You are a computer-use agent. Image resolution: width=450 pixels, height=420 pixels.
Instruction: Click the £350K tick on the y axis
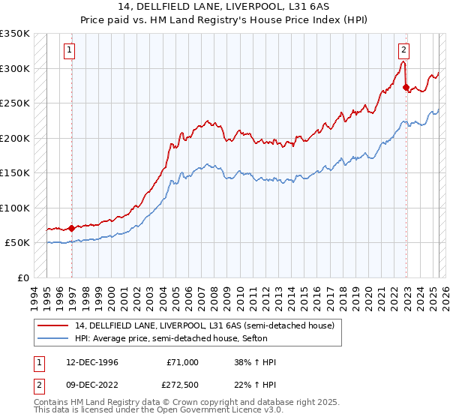coord(15,34)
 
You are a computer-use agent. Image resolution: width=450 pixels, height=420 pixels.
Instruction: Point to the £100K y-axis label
coord(15,208)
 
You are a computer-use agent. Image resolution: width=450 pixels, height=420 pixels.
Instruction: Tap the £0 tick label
coord(23,277)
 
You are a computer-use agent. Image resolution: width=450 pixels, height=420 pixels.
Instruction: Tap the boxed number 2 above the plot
coord(403,50)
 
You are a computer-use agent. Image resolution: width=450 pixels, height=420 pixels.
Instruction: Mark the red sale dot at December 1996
coord(72,228)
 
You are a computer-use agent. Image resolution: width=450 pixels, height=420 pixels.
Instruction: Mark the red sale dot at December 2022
coord(406,88)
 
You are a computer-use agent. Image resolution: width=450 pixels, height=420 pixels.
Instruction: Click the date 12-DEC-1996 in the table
coord(91,362)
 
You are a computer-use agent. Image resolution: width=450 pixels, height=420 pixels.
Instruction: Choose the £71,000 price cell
coord(181,362)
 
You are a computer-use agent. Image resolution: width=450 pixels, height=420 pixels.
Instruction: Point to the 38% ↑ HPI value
coord(255,362)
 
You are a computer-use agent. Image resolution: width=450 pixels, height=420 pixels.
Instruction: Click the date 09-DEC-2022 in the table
coord(91,385)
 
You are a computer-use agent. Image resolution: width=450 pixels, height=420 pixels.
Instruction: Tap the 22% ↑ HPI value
coord(255,385)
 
